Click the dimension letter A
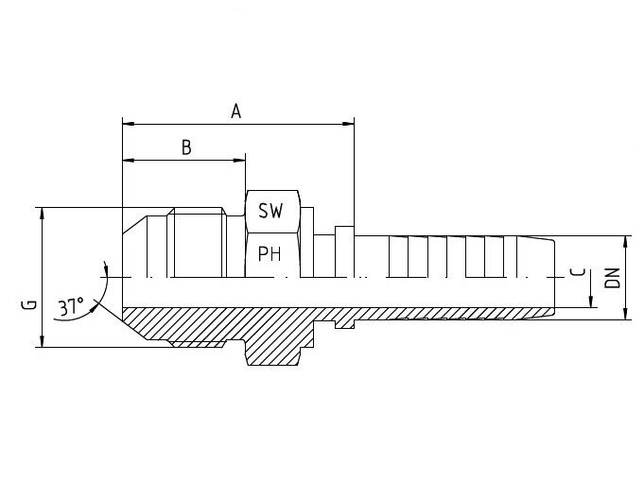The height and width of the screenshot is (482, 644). [x=235, y=112]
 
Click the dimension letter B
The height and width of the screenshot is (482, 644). [x=186, y=147]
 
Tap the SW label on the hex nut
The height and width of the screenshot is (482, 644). [x=270, y=211]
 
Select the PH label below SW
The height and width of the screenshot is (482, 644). [x=270, y=253]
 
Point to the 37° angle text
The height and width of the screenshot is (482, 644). [x=71, y=306]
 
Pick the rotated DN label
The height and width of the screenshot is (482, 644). [x=613, y=278]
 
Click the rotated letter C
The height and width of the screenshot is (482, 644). [x=579, y=272]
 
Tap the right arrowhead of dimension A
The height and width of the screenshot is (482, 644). [x=348, y=123]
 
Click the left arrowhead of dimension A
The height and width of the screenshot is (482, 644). [x=129, y=123]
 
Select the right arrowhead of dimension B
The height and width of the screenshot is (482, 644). [x=239, y=160]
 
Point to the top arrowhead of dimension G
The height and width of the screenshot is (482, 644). [x=42, y=214]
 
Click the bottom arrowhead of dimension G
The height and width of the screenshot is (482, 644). [x=42, y=341]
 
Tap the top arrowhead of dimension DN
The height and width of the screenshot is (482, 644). [x=625, y=242]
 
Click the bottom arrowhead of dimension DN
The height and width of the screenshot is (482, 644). [x=625, y=314]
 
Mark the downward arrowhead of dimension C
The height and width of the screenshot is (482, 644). [x=591, y=301]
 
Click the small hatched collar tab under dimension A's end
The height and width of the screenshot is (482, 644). [x=344, y=324]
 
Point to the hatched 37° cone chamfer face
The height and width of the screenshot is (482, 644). [x=135, y=324]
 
